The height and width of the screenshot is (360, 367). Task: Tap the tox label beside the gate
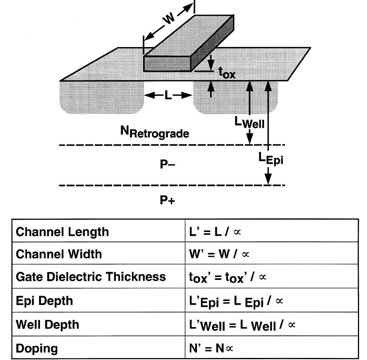[226, 73]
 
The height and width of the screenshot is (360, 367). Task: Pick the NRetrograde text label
[155, 132]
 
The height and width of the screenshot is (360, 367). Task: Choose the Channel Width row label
[58, 253]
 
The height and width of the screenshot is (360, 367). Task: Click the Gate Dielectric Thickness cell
[90, 276]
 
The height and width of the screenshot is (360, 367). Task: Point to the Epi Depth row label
[44, 301]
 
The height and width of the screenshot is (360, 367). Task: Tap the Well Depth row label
[47, 324]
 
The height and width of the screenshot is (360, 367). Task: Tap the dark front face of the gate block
[167, 64]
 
